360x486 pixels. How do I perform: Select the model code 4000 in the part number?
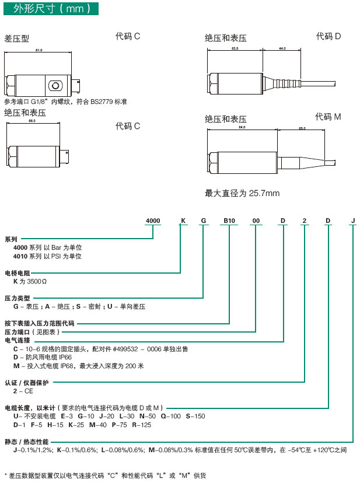coord(153,221)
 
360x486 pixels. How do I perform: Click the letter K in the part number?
coord(183,221)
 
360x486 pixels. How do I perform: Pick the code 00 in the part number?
coord(256,221)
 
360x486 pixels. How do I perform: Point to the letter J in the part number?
coord(353,221)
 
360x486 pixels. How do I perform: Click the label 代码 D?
coord(328,36)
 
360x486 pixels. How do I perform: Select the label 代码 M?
coord(328,117)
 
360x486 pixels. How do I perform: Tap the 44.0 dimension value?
coord(282,48)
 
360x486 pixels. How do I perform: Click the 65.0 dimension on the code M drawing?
coord(302,128)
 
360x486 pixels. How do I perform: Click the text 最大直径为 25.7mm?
coord(242,193)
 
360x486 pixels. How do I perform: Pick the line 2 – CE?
coord(23,391)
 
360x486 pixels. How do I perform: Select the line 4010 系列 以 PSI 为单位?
coord(47,256)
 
